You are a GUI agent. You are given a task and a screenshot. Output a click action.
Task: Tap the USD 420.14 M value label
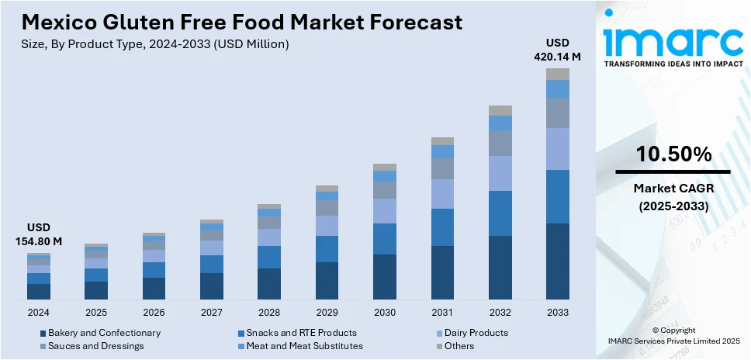pos(557,49)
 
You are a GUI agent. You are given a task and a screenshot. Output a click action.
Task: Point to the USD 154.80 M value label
pos(38,234)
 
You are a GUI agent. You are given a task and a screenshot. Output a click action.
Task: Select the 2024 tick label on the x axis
pos(38,312)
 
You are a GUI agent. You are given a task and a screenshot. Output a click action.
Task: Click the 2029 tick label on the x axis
pos(327,312)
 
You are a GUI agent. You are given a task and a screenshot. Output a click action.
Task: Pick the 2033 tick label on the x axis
pos(557,312)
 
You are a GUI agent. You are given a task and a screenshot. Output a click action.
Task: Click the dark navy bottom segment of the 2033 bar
pos(557,261)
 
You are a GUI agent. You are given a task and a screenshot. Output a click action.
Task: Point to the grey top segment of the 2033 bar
pos(557,74)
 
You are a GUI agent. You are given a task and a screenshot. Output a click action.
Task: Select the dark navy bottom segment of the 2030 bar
pos(384,277)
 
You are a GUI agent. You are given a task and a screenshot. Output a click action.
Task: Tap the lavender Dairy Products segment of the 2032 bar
pos(500,173)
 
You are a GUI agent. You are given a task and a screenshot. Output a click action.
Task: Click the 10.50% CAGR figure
pos(673,154)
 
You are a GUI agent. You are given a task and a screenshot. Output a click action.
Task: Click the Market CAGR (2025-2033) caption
pos(673,197)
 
